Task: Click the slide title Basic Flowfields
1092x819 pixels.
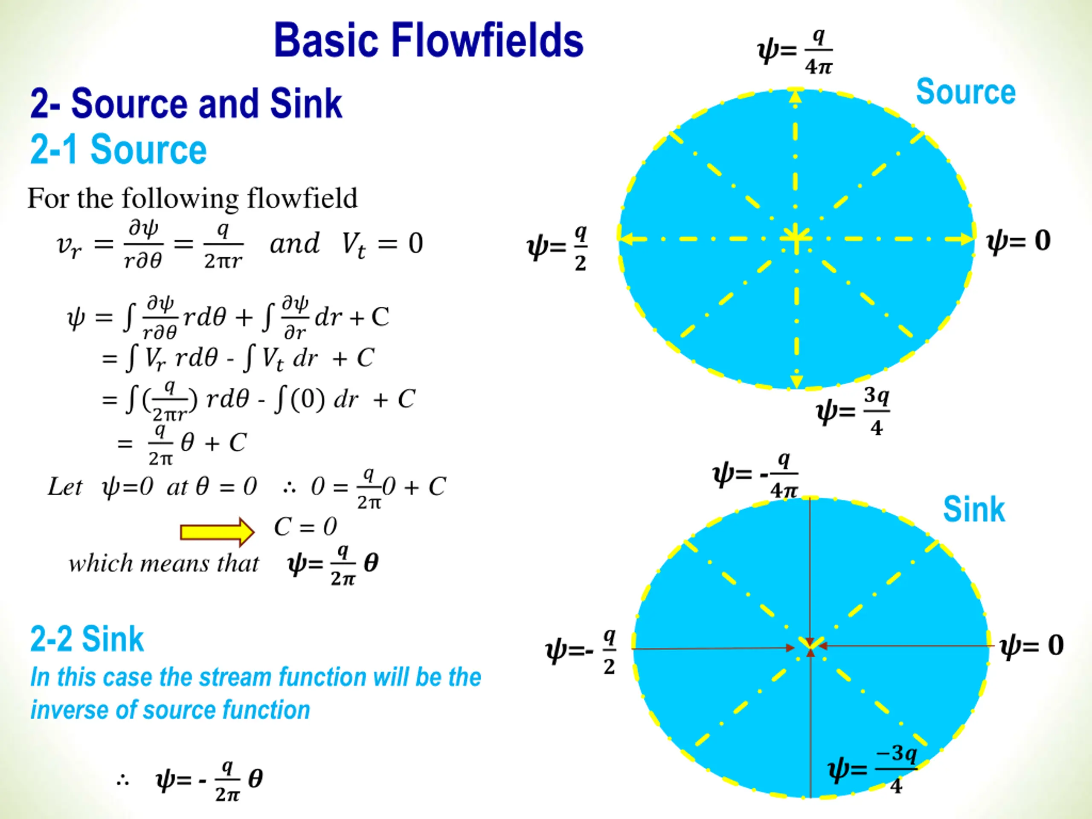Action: click(x=429, y=41)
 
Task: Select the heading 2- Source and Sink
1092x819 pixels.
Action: click(x=186, y=104)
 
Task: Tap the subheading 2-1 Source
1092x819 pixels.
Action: click(x=119, y=150)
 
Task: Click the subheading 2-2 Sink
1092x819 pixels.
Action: click(x=87, y=639)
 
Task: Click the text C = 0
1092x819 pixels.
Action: click(x=305, y=527)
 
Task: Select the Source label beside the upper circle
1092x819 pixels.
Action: click(x=966, y=92)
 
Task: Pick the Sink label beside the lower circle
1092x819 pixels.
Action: click(x=973, y=509)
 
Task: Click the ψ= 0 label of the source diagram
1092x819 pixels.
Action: click(x=1018, y=241)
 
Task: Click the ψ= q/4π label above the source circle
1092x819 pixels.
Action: click(x=795, y=51)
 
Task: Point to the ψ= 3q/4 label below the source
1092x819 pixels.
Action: click(x=853, y=411)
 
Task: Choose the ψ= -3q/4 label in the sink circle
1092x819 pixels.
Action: click(x=873, y=768)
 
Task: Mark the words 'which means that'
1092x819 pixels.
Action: click(x=163, y=563)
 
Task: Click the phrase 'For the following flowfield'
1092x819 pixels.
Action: click(x=192, y=198)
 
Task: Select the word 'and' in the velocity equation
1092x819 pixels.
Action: click(x=295, y=244)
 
